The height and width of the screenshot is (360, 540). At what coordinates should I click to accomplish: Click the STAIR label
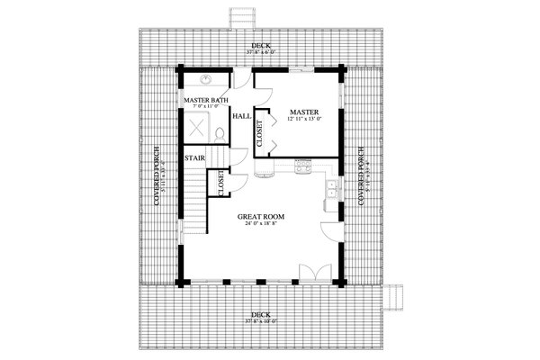coord(194,159)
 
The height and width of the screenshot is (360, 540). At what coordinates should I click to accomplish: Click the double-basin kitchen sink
coord(331,189)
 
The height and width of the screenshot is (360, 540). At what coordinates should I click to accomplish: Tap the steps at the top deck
coord(240,18)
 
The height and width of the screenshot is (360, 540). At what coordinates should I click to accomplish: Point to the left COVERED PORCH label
coord(158,176)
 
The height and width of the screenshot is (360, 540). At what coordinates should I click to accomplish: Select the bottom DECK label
coord(257,316)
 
